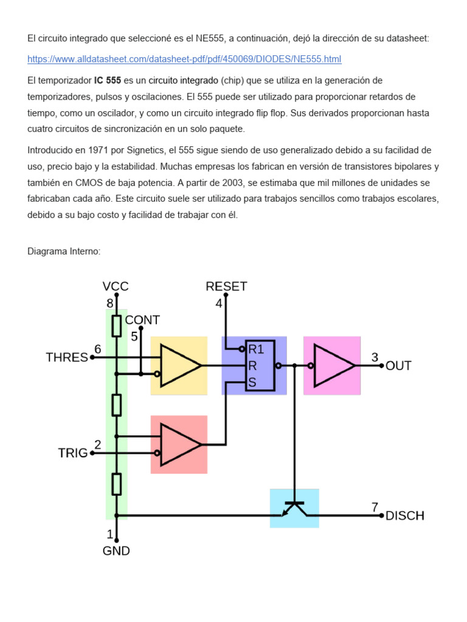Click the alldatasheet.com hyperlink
click(x=184, y=59)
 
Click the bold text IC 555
click(x=107, y=81)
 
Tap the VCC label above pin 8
click(x=116, y=286)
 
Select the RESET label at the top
click(x=226, y=286)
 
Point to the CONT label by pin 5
click(x=142, y=320)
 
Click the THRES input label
click(x=67, y=358)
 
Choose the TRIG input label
click(x=73, y=453)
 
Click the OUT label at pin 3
click(x=398, y=366)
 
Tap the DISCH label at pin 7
click(x=405, y=516)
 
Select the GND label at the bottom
click(x=116, y=551)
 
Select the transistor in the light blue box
click(x=294, y=508)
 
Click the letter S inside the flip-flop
click(x=251, y=383)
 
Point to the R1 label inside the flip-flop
click(x=255, y=349)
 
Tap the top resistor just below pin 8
click(x=116, y=325)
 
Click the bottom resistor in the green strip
click(x=116, y=484)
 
